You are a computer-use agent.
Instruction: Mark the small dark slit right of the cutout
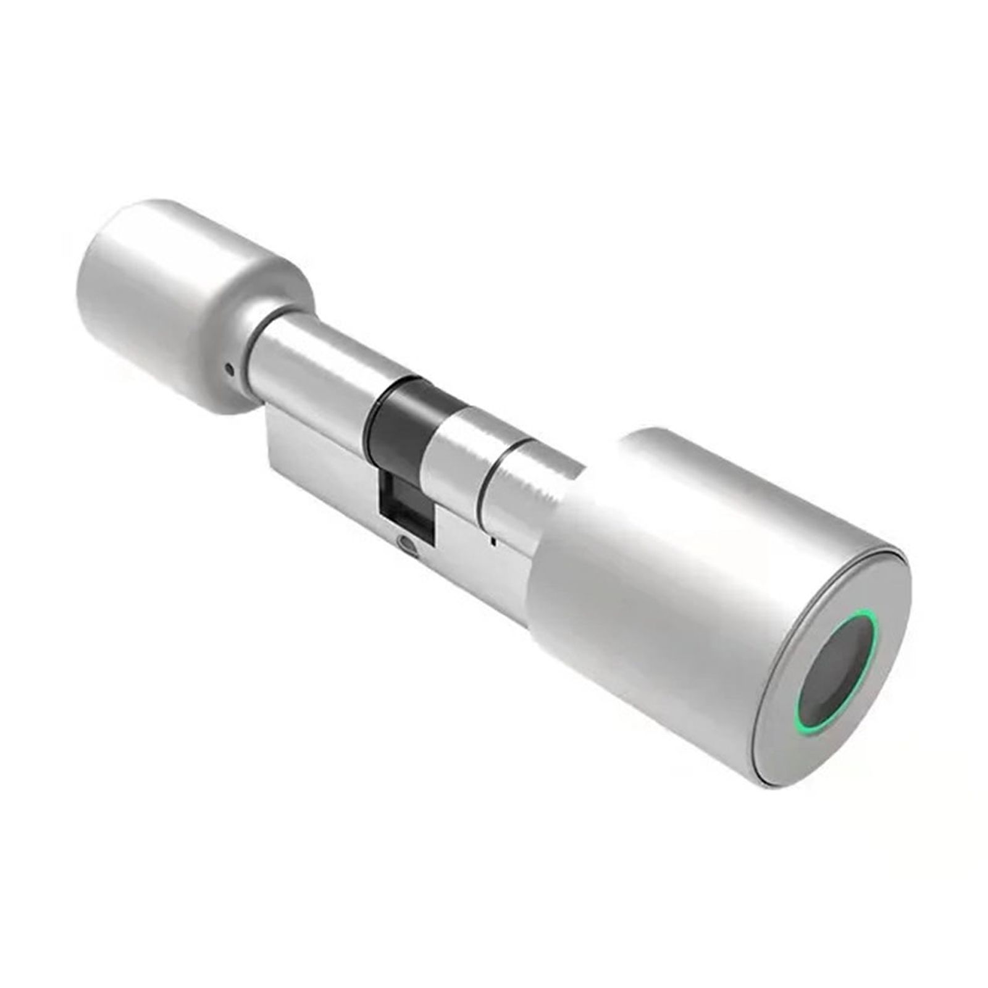(492, 542)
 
